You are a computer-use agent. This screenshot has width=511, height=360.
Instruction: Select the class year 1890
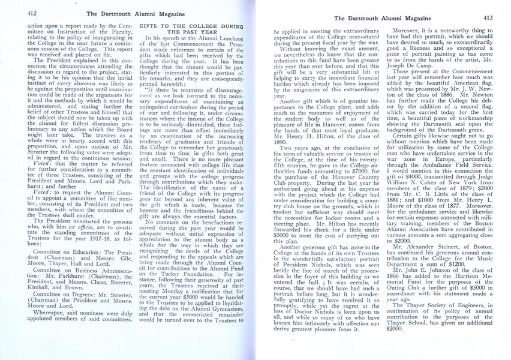pos(284,138)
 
